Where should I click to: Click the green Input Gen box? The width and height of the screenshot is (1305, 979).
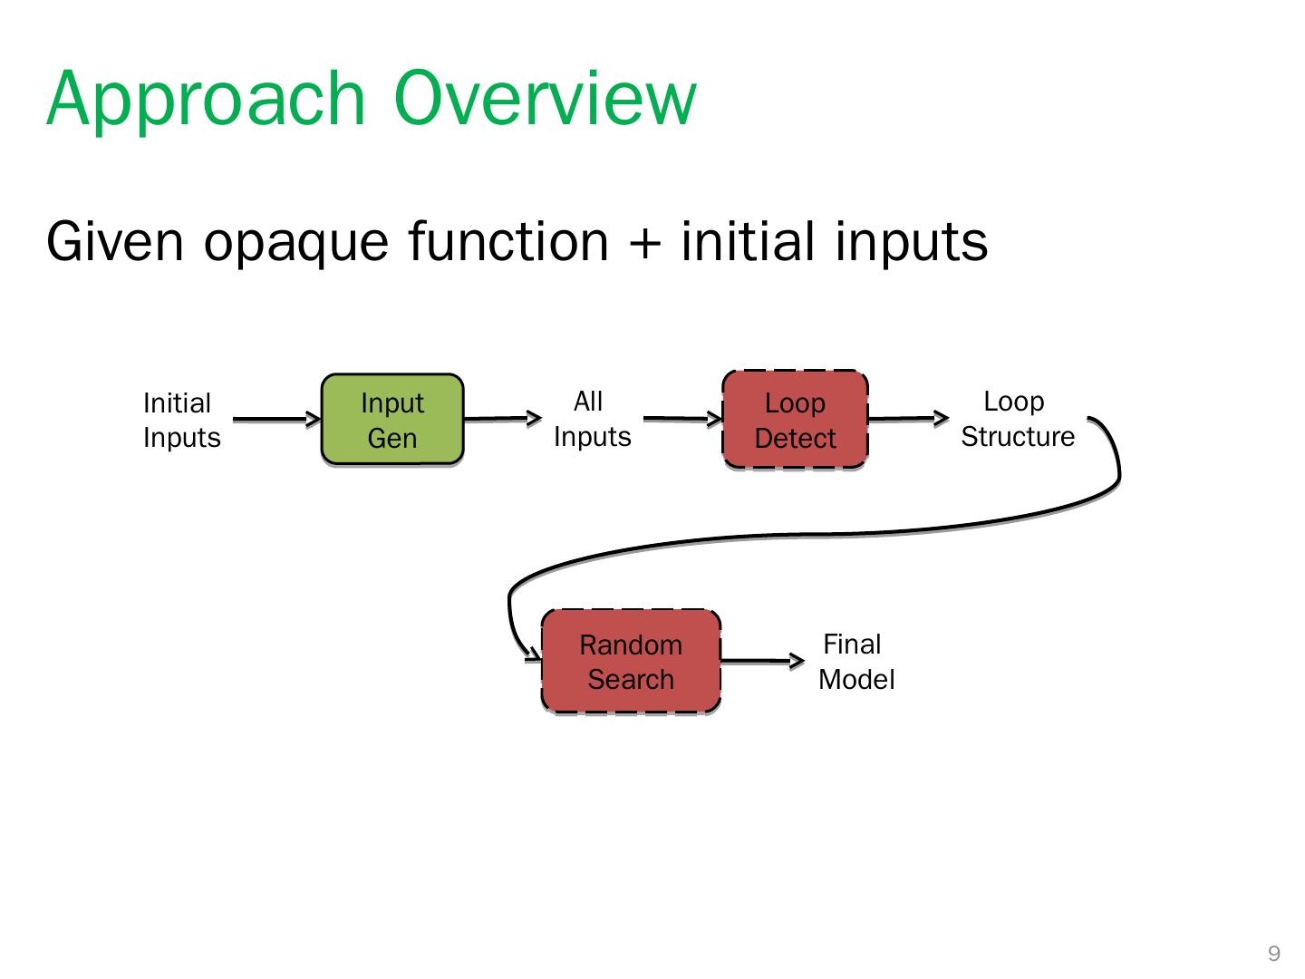(392, 420)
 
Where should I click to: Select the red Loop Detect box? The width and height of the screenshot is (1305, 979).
(795, 420)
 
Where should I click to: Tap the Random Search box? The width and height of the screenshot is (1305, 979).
(631, 662)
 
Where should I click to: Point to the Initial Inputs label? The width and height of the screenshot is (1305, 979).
(181, 421)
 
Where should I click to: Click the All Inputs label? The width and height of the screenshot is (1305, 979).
(592, 419)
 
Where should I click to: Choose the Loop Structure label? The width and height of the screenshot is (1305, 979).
(1017, 419)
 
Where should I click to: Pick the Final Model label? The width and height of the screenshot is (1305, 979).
(855, 662)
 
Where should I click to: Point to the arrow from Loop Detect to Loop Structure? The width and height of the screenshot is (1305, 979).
(907, 419)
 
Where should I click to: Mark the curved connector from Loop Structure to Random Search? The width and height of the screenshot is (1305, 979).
(816, 535)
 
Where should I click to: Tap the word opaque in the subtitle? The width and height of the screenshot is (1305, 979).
(298, 243)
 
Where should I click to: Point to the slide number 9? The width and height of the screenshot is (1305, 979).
(1274, 954)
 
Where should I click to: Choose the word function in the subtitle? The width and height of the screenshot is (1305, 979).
(508, 242)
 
